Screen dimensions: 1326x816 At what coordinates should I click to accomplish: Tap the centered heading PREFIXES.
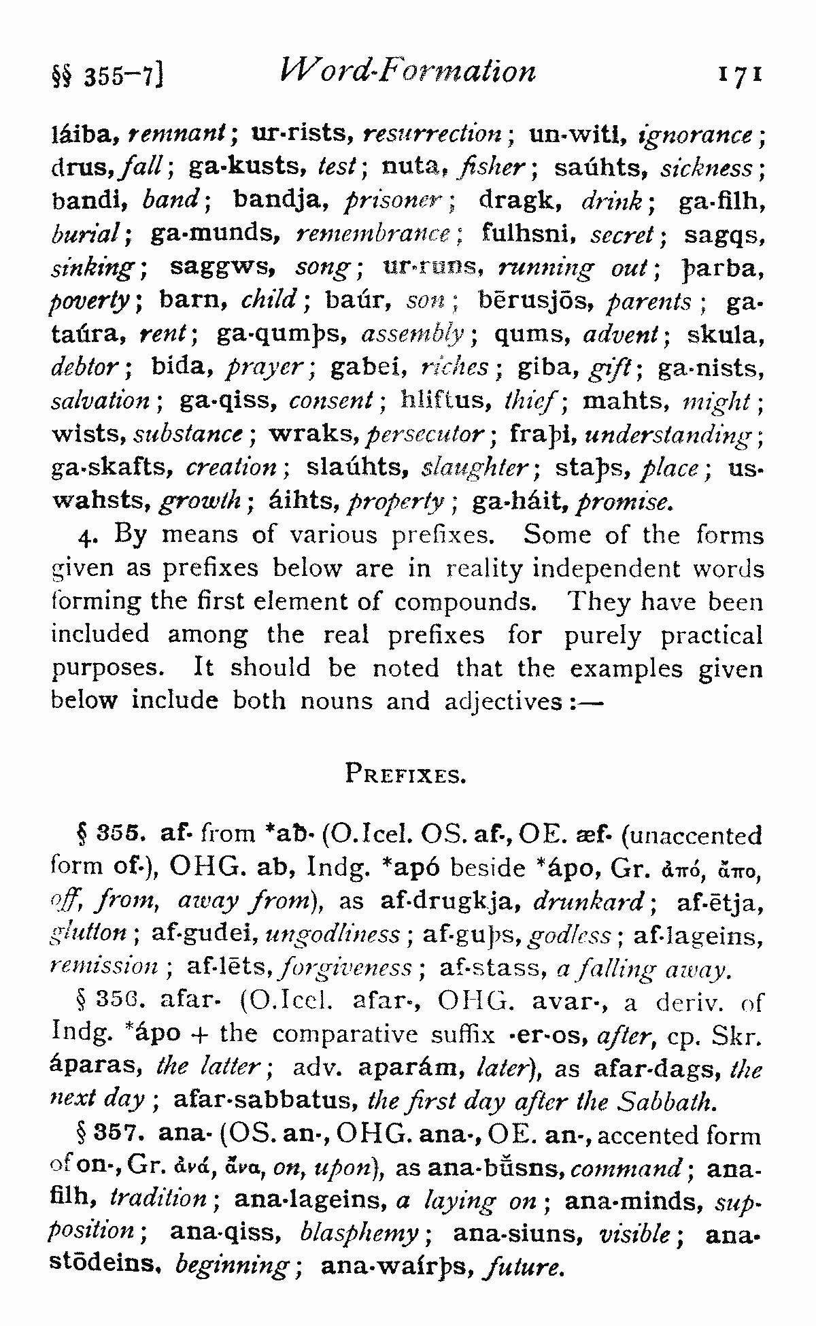[405, 775]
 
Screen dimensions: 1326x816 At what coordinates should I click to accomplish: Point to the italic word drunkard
[589, 902]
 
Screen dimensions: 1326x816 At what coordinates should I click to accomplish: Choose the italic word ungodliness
[332, 935]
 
